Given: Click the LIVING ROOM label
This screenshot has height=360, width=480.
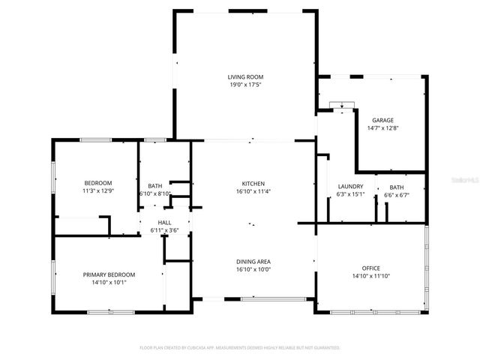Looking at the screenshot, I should [246, 76].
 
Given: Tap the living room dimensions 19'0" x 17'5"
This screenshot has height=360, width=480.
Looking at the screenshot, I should [246, 85].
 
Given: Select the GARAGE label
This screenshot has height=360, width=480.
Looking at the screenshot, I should [382, 120].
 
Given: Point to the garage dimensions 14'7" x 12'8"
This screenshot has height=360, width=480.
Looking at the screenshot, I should [382, 128].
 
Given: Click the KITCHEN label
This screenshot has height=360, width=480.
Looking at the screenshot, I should [253, 184].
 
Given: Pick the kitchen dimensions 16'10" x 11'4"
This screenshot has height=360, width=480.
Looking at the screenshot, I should [253, 192].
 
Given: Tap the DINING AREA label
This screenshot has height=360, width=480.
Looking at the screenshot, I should [253, 261].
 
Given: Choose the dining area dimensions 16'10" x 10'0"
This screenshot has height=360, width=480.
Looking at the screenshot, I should [253, 269].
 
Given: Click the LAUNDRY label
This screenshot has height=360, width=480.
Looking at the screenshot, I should [350, 187].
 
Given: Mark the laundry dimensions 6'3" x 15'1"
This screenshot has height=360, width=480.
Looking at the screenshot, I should [350, 195].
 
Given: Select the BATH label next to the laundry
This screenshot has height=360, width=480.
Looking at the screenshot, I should [396, 187].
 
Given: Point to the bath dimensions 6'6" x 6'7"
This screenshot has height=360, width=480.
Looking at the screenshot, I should [396, 195].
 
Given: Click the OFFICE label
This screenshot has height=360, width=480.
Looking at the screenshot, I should [370, 268].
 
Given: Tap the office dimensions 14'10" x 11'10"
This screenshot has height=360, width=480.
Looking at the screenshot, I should [370, 276].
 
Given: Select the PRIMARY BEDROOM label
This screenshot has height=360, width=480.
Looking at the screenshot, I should [109, 274].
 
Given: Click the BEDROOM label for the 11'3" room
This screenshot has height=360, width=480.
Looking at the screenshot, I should [97, 183].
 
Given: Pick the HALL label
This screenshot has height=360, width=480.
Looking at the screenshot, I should [164, 223].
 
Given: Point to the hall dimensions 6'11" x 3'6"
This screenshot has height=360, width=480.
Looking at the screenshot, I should [164, 231].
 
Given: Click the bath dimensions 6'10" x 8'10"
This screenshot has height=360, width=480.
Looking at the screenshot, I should [155, 194].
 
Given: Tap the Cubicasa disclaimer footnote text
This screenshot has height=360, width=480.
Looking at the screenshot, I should [240, 348].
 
